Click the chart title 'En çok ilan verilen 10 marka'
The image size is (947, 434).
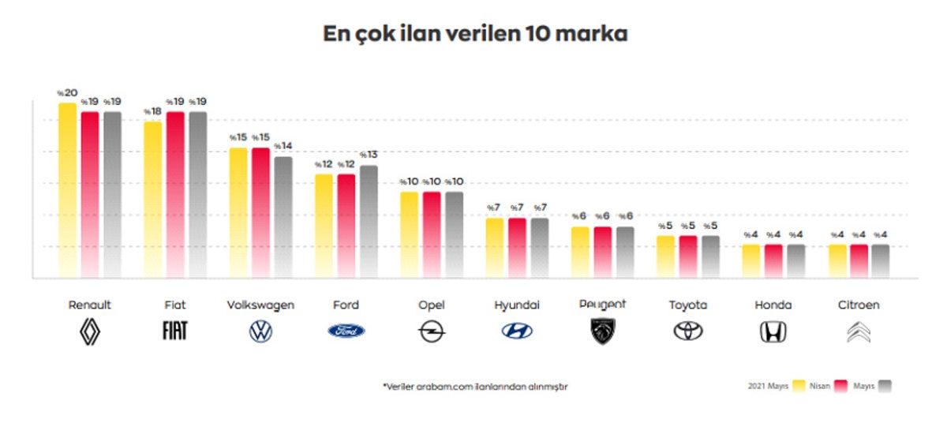coord(475,35)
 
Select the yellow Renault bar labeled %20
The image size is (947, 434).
coord(68,189)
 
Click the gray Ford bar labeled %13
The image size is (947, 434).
coord(369,221)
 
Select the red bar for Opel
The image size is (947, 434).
coord(432,234)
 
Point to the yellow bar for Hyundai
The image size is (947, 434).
coord(494,247)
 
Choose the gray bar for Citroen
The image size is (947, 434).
coord(880,260)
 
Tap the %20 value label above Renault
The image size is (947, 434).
coord(67,93)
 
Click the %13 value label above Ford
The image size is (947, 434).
coord(369,155)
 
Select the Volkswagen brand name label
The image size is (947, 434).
coord(260,305)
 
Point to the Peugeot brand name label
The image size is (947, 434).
coord(602,305)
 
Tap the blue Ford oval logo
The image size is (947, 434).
coord(346,331)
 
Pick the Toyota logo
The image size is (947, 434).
coord(688,332)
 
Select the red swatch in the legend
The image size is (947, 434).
coord(840,387)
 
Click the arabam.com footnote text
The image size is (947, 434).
coord(475,387)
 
